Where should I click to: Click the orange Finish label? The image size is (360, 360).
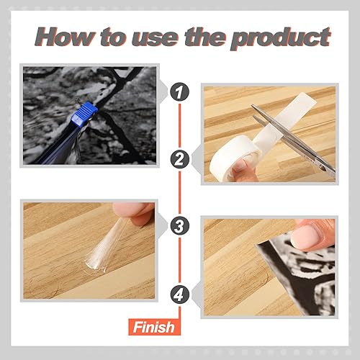(153, 328)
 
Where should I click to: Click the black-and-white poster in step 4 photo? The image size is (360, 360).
(288, 284)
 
